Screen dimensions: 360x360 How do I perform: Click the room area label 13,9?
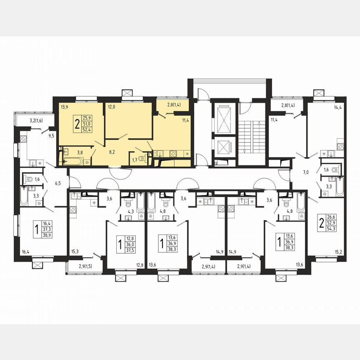point(64,107)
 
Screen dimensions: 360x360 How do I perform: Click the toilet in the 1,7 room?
point(143,158)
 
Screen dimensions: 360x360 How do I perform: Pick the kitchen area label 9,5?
point(51,135)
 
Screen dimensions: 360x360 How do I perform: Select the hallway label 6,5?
point(57,183)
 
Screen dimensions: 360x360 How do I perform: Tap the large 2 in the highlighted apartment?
point(77,124)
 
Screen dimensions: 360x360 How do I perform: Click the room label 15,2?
point(339,252)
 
